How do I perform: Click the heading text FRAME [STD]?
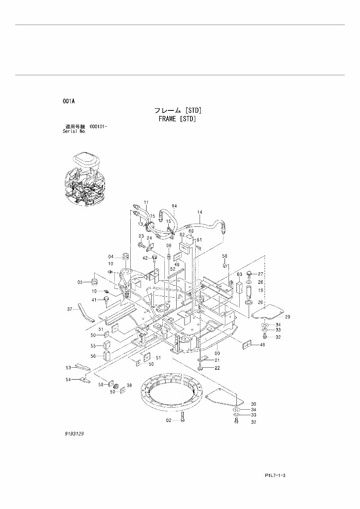tap(177, 118)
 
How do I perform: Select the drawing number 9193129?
tap(74, 434)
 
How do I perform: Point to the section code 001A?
tap(69, 101)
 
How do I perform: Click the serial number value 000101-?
tap(99, 126)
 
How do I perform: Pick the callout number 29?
tap(288, 317)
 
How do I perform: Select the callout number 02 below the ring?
tap(169, 420)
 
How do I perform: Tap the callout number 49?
tap(262, 345)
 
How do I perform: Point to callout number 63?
tap(239, 274)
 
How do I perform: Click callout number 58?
tap(224, 256)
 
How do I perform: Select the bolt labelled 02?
tap(182, 417)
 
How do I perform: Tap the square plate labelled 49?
tap(247, 345)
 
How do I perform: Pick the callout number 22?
tap(217, 368)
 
